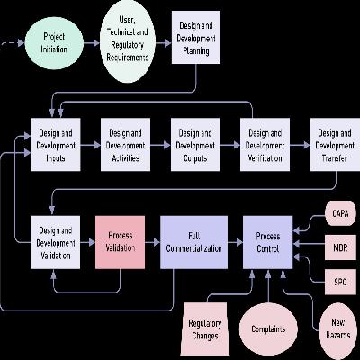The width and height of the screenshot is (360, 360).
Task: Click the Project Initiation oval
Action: (x=54, y=43)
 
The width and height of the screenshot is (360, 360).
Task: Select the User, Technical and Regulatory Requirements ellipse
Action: (x=128, y=41)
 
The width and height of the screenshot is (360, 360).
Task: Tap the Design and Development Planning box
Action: (x=196, y=38)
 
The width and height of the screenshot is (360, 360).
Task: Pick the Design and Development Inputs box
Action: (x=56, y=145)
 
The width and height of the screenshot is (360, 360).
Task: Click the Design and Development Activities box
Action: (x=125, y=145)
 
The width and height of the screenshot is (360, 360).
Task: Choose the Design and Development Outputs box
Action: (x=195, y=145)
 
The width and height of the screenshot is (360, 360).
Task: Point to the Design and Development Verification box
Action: (x=265, y=145)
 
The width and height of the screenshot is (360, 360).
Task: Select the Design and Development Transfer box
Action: (x=335, y=145)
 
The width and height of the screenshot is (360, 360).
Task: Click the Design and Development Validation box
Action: (x=56, y=242)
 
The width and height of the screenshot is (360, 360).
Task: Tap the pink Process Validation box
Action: (x=120, y=242)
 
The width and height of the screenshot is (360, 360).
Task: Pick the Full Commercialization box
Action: (x=193, y=242)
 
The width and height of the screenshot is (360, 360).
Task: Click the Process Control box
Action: (x=267, y=242)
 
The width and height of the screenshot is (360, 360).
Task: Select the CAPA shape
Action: (x=340, y=213)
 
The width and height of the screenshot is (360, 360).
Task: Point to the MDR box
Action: (x=340, y=247)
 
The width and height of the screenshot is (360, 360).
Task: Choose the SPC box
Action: (x=340, y=282)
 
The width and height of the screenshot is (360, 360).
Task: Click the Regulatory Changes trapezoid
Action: (x=205, y=328)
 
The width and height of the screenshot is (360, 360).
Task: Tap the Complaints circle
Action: (x=268, y=329)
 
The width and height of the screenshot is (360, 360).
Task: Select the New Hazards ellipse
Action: (x=338, y=328)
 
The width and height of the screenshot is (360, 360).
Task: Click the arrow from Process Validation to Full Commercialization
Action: (x=152, y=242)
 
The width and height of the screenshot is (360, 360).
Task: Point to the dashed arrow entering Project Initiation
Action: (x=13, y=43)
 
